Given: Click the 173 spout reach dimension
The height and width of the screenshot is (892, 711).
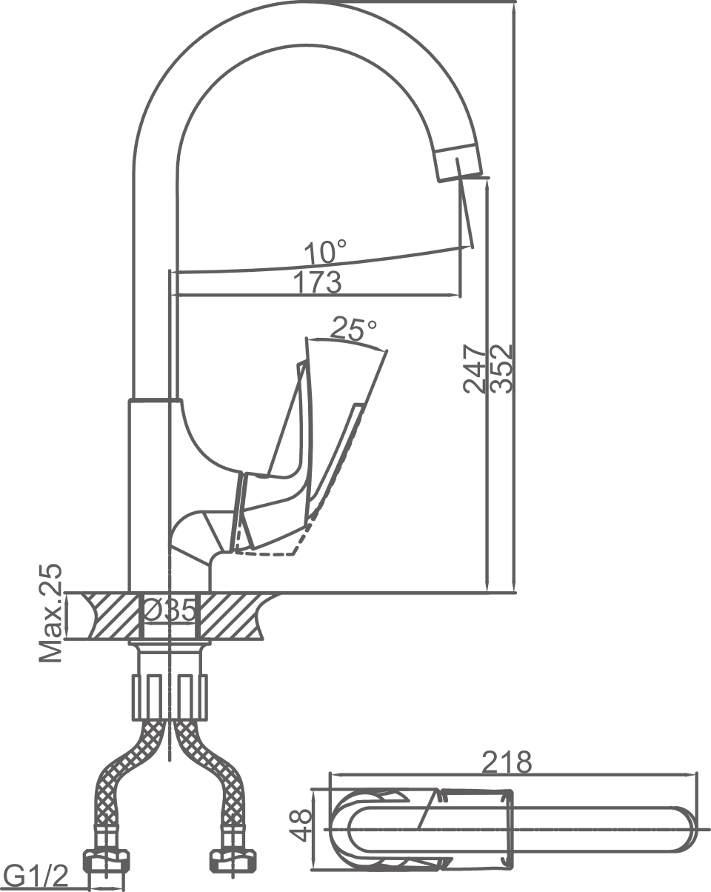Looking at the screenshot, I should point(316,282).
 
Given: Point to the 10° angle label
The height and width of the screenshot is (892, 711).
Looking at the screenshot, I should point(324,253).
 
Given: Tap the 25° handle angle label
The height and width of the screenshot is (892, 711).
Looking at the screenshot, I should point(353,328).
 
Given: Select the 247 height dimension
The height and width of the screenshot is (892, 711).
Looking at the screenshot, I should point(475,367).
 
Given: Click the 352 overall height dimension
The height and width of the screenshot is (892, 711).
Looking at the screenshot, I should point(501,367).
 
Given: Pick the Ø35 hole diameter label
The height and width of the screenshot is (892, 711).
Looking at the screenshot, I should point(170,610).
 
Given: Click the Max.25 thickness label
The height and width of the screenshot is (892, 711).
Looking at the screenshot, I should point(51,613).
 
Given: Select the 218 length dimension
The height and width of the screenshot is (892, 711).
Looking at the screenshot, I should point(507,762).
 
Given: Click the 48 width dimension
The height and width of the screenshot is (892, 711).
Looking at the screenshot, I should point(300,825).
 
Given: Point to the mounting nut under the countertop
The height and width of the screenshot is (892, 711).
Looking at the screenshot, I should point(170,696).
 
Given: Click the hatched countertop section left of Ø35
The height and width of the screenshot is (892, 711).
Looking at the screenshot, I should point(111,615).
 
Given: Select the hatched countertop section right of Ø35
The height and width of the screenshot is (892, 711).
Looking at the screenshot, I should point(230,615).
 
